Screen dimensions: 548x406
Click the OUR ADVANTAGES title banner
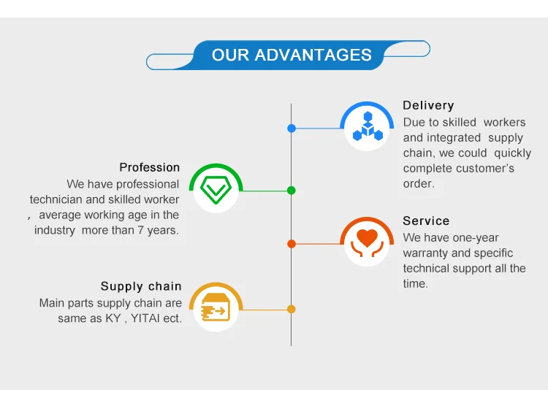288,55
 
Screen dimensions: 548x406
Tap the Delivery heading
428,105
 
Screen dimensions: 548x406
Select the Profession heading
149,167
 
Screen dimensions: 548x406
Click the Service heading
426,221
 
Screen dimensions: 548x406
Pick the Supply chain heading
141,286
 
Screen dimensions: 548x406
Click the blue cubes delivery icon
367,126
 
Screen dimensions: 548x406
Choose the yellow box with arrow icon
216,307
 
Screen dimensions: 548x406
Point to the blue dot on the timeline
292,129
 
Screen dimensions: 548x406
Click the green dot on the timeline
292,191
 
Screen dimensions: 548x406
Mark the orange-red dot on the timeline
292,244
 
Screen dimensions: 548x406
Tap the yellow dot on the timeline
292,309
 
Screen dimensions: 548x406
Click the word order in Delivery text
419,183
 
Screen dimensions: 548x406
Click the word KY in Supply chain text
113,318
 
